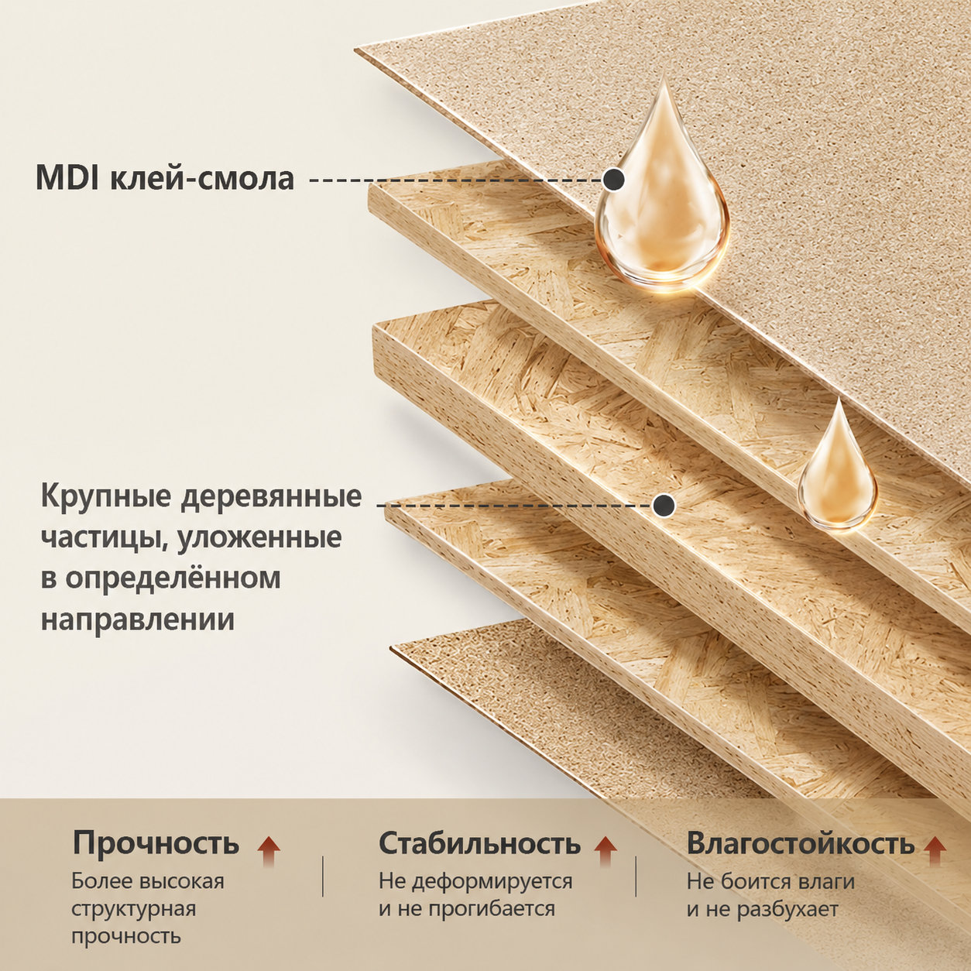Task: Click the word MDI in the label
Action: [69, 179]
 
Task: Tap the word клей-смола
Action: [201, 179]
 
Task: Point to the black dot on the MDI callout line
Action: [614, 179]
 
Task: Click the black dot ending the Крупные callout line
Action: [664, 505]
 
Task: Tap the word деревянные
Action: [271, 497]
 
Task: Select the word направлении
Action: [138, 619]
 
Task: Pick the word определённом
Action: [173, 579]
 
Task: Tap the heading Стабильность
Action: [480, 842]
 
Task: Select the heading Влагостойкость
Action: [800, 842]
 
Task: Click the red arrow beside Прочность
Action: [268, 850]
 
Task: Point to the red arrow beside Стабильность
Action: [605, 850]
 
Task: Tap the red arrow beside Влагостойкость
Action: [935, 850]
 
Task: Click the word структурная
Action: [133, 910]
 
